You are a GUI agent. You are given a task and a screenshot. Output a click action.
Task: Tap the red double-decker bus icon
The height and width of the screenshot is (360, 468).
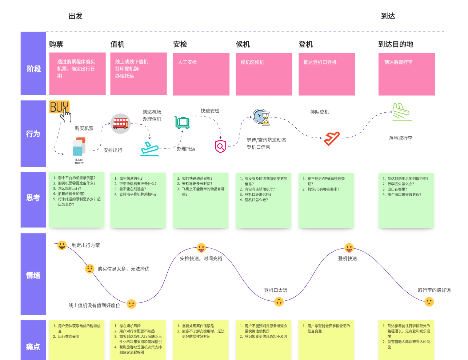click(120, 124)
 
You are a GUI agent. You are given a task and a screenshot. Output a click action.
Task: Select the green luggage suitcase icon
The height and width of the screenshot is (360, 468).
click(182, 122)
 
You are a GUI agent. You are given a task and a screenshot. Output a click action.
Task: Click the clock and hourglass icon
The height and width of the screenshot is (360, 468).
click(261, 117)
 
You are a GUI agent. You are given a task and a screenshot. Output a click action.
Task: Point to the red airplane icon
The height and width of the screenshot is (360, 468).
click(331, 139)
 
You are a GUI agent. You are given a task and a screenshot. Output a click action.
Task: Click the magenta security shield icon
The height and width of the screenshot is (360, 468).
click(220, 146)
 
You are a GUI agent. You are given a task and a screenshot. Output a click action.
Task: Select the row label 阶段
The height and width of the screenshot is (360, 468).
click(33, 69)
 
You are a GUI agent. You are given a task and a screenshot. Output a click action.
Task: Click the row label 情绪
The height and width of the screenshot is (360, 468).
click(33, 275)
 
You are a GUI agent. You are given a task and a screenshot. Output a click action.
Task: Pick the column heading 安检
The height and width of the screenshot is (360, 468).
click(180, 44)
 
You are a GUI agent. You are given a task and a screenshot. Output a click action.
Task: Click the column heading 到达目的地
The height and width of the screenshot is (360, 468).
click(396, 44)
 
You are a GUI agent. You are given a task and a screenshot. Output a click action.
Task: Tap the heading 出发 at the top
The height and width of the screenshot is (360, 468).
click(76, 16)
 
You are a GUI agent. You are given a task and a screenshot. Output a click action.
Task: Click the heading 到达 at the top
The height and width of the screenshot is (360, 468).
click(388, 16)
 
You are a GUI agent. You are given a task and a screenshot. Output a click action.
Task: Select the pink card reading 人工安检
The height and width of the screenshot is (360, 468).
click(201, 74)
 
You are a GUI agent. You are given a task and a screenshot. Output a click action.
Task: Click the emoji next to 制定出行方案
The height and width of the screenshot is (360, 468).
click(62, 245)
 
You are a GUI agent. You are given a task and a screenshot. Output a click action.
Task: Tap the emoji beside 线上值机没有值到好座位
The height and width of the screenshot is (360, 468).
click(131, 304)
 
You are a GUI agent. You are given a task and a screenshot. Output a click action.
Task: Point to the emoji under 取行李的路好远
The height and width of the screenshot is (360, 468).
click(429, 301)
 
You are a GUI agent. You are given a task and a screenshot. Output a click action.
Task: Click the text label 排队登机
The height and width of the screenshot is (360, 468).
click(319, 112)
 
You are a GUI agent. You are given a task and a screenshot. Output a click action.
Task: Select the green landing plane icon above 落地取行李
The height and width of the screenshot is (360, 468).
click(401, 112)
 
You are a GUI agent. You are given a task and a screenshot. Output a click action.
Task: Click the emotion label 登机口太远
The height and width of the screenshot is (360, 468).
click(276, 290)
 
